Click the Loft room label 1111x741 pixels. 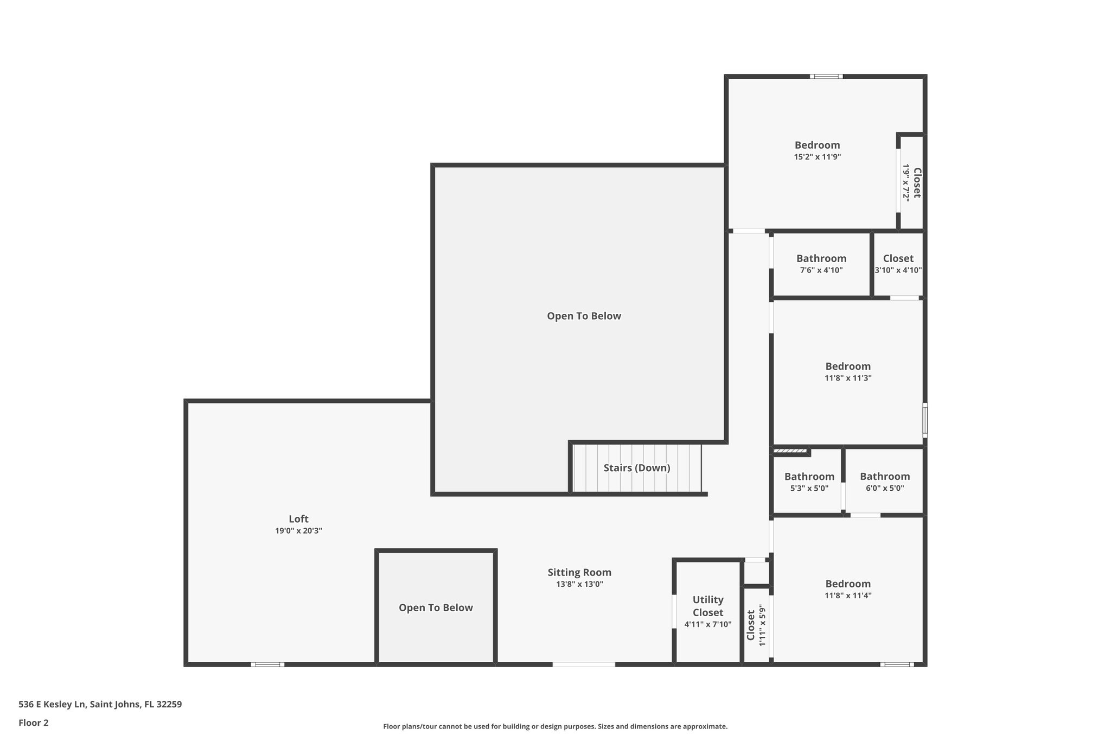298,518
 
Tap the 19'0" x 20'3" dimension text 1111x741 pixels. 298,531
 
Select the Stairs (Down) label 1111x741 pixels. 637,467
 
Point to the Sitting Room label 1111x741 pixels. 579,572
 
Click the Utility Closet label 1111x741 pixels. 708,606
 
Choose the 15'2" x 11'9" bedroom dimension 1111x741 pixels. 817,157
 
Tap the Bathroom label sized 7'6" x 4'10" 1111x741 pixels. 821,258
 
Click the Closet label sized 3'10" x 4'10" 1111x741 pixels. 898,258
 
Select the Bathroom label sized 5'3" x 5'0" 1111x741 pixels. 809,477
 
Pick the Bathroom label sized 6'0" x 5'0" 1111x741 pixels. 885,477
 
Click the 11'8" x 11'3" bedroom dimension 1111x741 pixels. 848,378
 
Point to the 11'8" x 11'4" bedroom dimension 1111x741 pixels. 848,595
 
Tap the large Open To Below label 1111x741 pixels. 584,316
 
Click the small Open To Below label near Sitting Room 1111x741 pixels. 436,607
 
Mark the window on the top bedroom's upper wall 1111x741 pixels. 826,77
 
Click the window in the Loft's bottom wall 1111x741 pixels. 267,664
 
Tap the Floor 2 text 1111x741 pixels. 34,723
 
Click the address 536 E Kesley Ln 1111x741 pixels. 100,704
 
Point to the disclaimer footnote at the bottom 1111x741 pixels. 555,726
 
